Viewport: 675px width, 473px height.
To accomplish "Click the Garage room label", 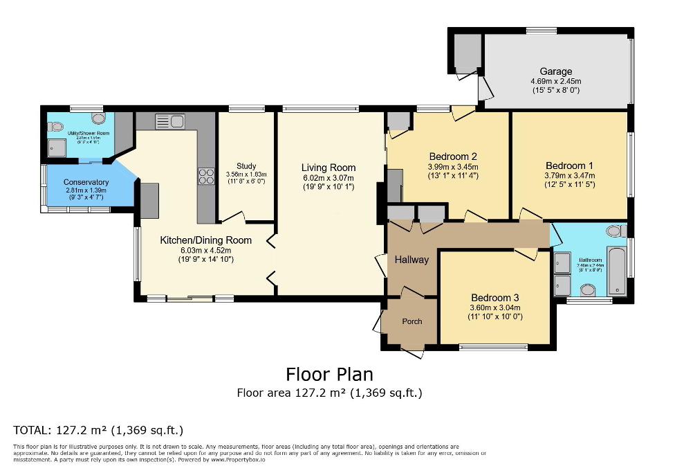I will pyautogui.click(x=556, y=71).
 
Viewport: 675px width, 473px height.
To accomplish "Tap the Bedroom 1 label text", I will pyautogui.click(x=569, y=166).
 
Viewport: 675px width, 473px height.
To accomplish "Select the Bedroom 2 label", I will pyautogui.click(x=453, y=157).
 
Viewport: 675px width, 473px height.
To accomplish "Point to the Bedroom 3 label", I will pyautogui.click(x=494, y=298).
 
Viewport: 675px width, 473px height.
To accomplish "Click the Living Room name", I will pyautogui.click(x=329, y=168).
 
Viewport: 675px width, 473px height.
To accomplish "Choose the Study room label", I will pyautogui.click(x=246, y=166).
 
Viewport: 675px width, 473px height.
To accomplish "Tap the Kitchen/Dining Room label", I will pyautogui.click(x=206, y=240).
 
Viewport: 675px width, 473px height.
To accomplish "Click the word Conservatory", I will pyautogui.click(x=87, y=182).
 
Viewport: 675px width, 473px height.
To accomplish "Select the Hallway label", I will pyautogui.click(x=412, y=260).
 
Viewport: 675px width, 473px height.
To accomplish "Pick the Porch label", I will pyautogui.click(x=412, y=321).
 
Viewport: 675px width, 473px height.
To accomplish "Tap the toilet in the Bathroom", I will pyautogui.click(x=614, y=231).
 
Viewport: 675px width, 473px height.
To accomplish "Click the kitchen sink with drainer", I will pyautogui.click(x=169, y=122).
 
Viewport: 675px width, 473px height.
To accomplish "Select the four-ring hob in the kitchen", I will pyautogui.click(x=206, y=177).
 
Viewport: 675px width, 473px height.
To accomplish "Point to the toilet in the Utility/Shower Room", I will pyautogui.click(x=56, y=127).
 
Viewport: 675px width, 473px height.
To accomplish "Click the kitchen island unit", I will pyautogui.click(x=150, y=201).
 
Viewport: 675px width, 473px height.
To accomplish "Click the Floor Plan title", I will pyautogui.click(x=329, y=375).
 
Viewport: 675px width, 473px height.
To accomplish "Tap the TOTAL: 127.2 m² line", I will pyautogui.click(x=98, y=429).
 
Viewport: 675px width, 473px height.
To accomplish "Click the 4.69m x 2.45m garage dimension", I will pyautogui.click(x=556, y=81).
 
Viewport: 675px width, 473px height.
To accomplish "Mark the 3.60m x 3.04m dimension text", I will pyautogui.click(x=494, y=308).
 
